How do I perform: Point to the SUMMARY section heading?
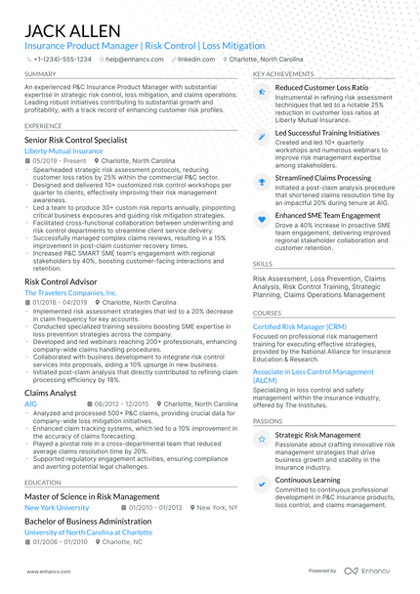[40, 74]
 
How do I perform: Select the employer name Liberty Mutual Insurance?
[63, 151]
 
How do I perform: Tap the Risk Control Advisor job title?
[66, 280]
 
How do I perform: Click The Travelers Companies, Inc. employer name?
[70, 292]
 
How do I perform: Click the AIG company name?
[31, 403]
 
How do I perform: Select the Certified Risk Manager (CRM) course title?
[300, 325]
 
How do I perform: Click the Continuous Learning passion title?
[308, 481]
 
